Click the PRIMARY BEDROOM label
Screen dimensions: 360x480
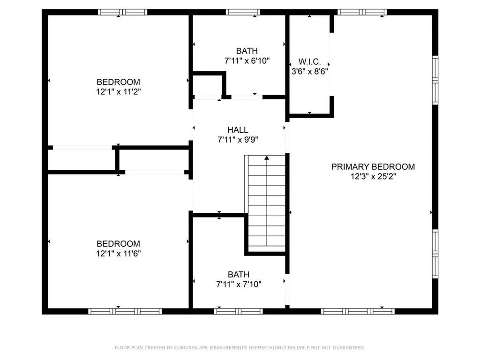[373, 166]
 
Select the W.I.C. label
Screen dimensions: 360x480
[309, 61]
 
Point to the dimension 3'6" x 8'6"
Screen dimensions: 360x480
[309, 72]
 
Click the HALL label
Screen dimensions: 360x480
[238, 130]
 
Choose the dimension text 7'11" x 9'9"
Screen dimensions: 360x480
[239, 139]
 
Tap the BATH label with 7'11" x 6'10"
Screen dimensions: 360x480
[247, 51]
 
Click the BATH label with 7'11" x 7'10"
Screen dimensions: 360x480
[239, 274]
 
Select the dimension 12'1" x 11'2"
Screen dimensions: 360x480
[118, 92]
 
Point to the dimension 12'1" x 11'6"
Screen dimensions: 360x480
[118, 254]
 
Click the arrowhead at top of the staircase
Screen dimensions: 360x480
[267, 158]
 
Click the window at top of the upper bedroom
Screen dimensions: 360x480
[122, 12]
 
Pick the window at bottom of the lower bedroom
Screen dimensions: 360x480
[125, 311]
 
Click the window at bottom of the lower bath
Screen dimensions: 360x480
[238, 311]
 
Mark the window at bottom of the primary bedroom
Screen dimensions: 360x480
[358, 311]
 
